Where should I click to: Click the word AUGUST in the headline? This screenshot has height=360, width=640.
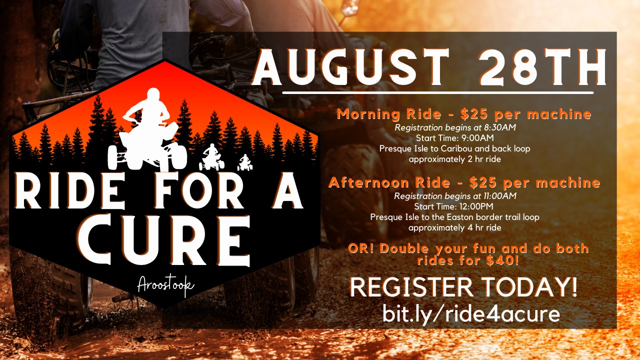pos(350,67)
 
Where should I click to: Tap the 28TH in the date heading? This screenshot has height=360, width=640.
pos(542,67)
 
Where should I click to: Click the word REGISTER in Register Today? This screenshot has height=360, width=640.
pos(411,287)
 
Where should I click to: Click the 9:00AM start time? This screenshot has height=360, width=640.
pos(477,138)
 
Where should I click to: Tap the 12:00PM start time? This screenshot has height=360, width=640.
pos(476,206)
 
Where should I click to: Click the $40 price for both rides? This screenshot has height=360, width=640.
pos(502,260)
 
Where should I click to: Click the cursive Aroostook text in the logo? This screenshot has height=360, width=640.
pos(165,285)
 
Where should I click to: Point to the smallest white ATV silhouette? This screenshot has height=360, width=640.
pos(245,163)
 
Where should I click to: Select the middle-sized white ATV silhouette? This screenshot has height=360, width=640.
pos(211,157)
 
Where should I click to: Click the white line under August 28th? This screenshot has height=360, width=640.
pos(438,93)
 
